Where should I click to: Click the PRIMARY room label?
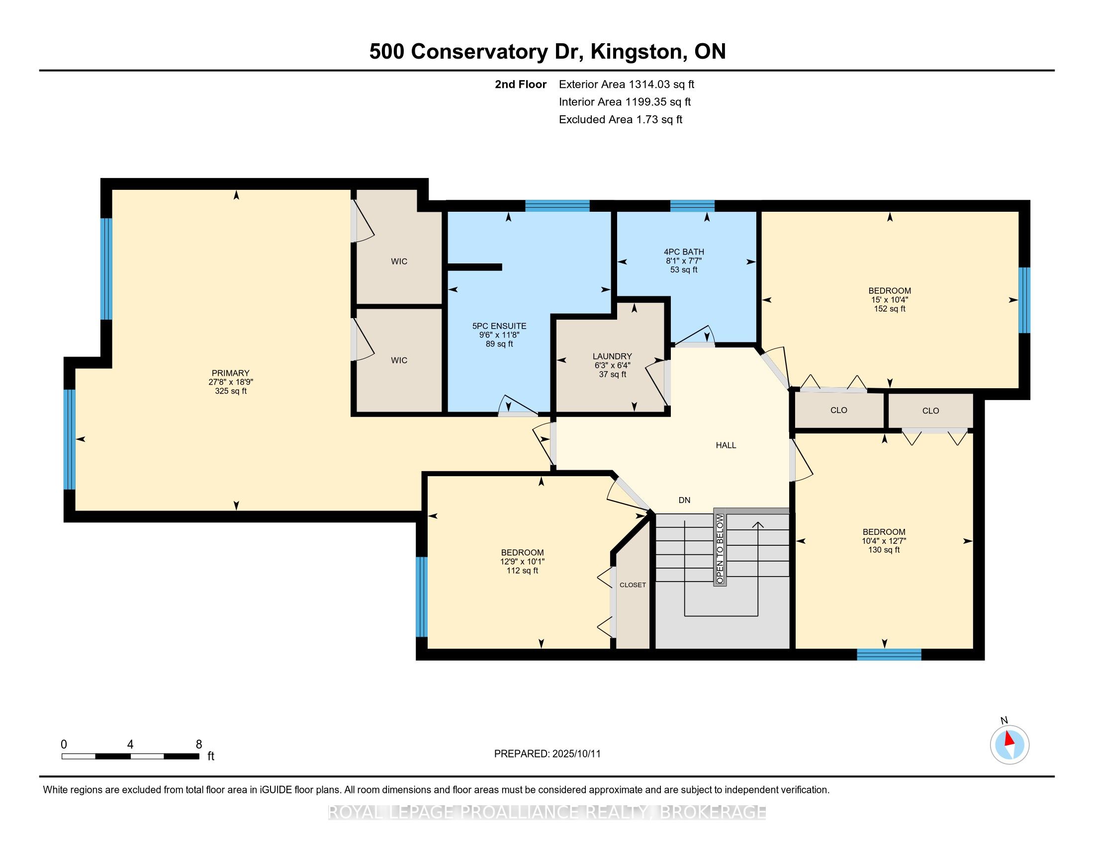[x=230, y=373]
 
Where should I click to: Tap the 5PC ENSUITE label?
[x=499, y=326]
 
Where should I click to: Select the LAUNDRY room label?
[x=612, y=356]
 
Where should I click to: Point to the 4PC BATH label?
[x=684, y=252]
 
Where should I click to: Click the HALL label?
[x=726, y=445]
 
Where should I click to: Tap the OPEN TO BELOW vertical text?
[x=720, y=548]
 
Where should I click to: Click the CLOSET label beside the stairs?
[x=633, y=585]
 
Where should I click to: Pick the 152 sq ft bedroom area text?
[x=890, y=309]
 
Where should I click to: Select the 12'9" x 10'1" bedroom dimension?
[x=522, y=562]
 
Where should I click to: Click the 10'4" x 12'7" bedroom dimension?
[x=884, y=541]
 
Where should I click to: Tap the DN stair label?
[x=684, y=500]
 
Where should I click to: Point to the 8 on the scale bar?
[x=199, y=745]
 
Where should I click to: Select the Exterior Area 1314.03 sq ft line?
[x=627, y=84]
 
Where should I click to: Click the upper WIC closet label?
[x=399, y=261]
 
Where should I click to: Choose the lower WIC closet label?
[x=399, y=360]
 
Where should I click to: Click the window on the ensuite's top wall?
[x=557, y=206]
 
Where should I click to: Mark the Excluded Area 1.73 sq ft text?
[x=621, y=119]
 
